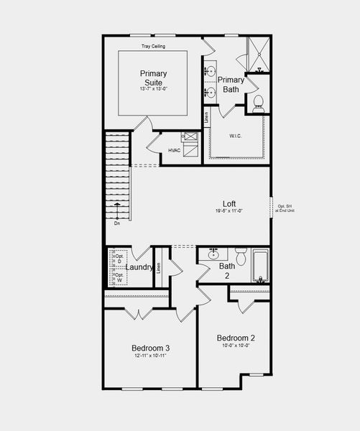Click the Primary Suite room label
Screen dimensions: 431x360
pos(153,78)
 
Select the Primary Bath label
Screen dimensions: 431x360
pos(231,85)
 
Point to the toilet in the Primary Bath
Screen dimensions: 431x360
pos(258,102)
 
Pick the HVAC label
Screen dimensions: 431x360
pos(174,150)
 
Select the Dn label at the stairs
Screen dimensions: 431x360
pos(116,223)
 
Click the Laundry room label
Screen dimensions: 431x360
pos(139,267)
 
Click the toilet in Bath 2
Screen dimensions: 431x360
pos(241,256)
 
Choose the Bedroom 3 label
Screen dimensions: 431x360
pos(151,348)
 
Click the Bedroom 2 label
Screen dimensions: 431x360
pos(236,338)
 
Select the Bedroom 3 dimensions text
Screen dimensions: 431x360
pos(151,356)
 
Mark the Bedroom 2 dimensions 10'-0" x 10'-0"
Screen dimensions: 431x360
pos(236,346)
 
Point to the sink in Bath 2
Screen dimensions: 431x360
pos(213,254)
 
